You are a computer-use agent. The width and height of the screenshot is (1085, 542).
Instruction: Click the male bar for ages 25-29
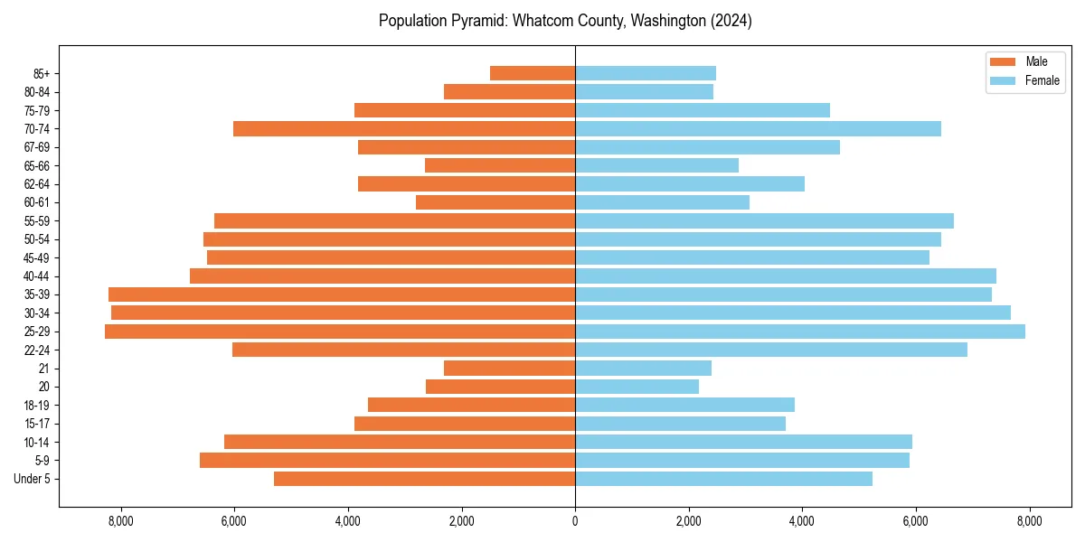point(340,332)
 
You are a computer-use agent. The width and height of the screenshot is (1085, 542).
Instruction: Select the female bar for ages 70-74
point(758,129)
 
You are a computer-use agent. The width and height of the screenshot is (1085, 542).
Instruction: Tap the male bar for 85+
point(533,73)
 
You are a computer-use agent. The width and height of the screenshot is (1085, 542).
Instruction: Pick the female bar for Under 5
point(723,479)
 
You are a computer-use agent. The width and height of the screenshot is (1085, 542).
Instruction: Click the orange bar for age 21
point(510,369)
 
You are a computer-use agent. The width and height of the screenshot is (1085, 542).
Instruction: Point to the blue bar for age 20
point(637,387)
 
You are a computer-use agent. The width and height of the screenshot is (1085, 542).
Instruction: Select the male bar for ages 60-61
point(495,202)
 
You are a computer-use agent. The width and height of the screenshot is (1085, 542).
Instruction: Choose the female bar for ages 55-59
point(764,221)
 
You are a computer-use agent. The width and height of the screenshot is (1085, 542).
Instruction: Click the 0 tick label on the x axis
point(575,521)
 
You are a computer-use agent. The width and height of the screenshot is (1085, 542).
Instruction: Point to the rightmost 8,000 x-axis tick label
point(1029,521)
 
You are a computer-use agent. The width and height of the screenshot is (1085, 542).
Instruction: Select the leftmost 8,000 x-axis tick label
point(120,521)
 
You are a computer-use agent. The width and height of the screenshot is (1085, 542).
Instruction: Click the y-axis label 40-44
point(37,276)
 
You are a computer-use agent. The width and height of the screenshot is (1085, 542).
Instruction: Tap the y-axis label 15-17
point(37,424)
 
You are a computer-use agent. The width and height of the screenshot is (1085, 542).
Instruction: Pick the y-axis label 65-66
point(37,166)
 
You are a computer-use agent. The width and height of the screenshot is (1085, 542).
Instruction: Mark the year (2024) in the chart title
point(731,21)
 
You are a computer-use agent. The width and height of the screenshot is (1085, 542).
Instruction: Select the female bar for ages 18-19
point(684,406)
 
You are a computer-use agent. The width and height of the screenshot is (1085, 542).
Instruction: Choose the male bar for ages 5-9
point(387,461)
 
